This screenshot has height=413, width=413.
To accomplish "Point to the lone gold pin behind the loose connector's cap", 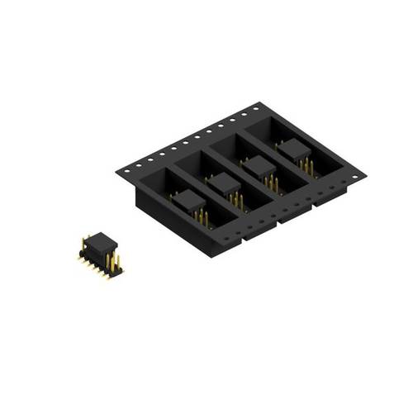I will click(x=84, y=240).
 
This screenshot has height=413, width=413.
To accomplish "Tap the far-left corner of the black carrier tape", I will click(x=117, y=171).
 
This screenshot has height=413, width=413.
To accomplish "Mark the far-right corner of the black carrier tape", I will click(x=364, y=175).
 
